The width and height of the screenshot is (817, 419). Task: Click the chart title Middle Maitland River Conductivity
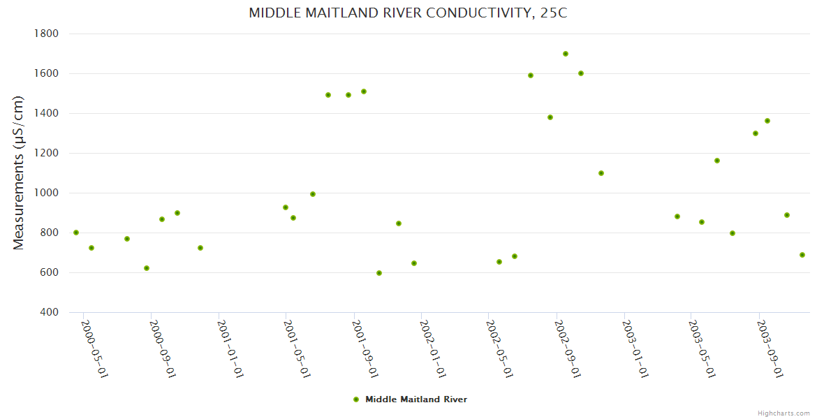click(x=408, y=13)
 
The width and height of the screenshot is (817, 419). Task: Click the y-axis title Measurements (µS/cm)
click(x=19, y=172)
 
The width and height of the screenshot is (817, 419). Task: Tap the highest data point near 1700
click(x=566, y=54)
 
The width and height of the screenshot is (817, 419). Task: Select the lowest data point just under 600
click(x=379, y=273)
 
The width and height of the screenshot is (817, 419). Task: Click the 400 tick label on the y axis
click(x=48, y=312)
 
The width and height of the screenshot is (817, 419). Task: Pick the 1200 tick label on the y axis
click(x=46, y=153)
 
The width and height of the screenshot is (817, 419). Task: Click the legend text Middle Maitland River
click(x=416, y=399)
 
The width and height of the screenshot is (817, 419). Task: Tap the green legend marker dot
click(x=356, y=399)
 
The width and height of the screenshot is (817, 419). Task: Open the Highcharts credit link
click(x=784, y=413)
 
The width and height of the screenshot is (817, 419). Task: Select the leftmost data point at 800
click(x=76, y=233)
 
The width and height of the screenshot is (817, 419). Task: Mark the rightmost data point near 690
click(x=802, y=255)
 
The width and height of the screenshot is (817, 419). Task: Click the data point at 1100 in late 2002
click(x=601, y=173)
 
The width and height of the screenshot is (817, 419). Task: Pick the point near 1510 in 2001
click(x=364, y=91)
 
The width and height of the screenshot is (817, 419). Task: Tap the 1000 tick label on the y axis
click(x=46, y=193)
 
